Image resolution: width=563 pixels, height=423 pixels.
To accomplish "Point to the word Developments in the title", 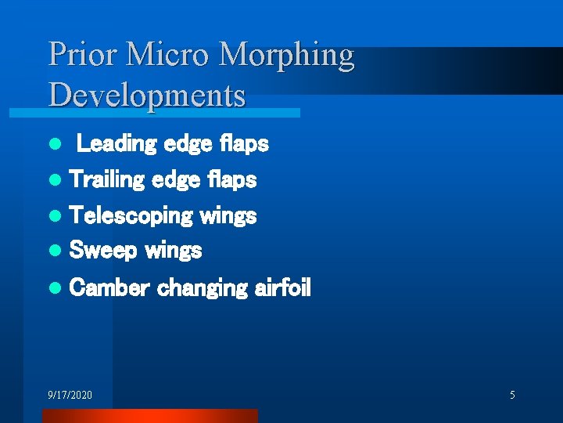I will [x=147, y=96].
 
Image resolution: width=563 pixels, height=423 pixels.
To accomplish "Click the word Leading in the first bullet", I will [x=117, y=144].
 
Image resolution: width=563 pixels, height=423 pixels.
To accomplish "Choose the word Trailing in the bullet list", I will [x=106, y=180].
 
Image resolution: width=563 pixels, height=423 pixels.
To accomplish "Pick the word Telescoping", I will [x=131, y=216].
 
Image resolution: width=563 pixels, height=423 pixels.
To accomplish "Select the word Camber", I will [x=109, y=288].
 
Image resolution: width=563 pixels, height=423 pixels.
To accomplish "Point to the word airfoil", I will [x=282, y=288].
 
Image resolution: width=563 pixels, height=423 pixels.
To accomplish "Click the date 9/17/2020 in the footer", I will [x=70, y=395].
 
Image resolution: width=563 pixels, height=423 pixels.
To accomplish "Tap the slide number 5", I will [x=512, y=395].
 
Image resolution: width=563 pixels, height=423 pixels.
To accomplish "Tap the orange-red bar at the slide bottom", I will [x=149, y=416].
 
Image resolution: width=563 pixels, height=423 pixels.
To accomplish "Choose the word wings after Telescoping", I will [x=228, y=216].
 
